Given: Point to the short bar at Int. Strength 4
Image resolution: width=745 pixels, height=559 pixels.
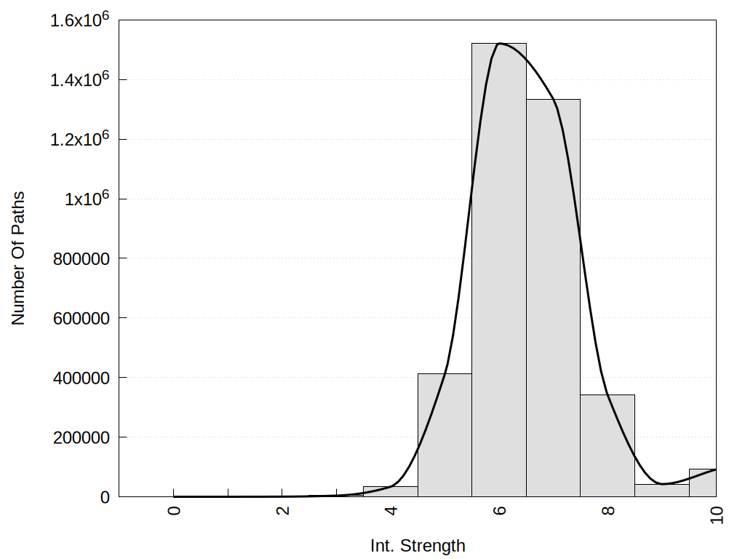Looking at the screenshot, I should coord(390,491).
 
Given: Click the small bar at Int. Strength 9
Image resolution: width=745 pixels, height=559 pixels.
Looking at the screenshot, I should coord(661,491).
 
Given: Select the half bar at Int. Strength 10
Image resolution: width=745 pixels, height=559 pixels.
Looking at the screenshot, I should coord(703,483).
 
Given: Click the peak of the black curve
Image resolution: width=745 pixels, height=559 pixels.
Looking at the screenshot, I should coord(499,44).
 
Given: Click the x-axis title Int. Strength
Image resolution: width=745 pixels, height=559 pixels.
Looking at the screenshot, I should coord(418,545).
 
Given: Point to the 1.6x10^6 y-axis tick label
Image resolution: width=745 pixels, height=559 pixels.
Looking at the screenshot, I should coord(79,20).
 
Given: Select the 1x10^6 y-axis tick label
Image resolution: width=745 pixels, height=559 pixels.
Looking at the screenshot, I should coord(87,199).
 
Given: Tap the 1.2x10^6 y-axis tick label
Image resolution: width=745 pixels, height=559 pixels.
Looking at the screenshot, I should coord(79,139).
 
